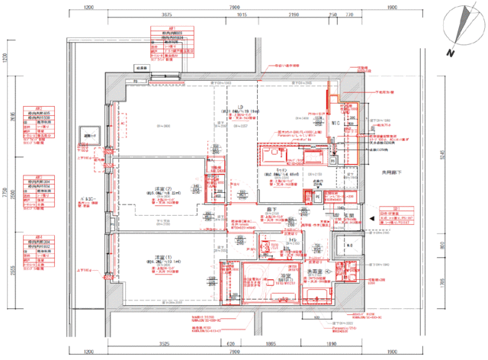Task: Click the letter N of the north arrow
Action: [451, 53]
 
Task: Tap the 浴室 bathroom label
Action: [286, 275]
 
